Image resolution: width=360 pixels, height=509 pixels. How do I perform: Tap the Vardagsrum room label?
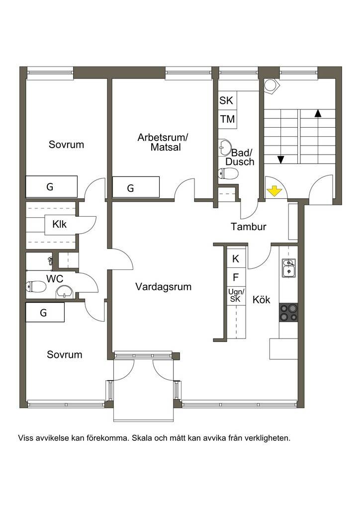[x=163, y=287]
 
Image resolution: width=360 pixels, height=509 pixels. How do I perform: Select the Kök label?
[x=262, y=299]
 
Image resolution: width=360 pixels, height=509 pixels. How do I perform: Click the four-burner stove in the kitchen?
[x=288, y=312]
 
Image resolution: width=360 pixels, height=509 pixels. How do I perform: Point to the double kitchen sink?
[x=288, y=268]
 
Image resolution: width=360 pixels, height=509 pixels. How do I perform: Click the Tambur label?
[x=248, y=227]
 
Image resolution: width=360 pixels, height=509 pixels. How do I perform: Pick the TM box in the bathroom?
[x=228, y=119]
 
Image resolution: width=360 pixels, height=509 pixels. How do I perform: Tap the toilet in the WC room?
[x=35, y=287]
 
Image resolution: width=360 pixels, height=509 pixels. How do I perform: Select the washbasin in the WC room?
[x=65, y=291]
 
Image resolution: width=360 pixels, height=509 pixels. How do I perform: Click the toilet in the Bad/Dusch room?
[x=228, y=173]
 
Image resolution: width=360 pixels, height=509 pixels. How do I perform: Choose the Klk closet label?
[x=59, y=224]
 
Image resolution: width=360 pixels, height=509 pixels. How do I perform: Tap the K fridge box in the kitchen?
[x=236, y=258]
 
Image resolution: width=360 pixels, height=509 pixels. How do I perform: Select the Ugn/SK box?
[x=236, y=296]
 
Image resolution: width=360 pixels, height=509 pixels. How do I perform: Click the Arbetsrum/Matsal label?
[x=163, y=142]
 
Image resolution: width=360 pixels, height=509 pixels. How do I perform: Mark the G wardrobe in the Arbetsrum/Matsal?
[x=136, y=187]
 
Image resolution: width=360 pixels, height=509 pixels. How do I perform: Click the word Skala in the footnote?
[x=142, y=438]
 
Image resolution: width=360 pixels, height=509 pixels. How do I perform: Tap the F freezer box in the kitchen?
[x=236, y=277]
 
